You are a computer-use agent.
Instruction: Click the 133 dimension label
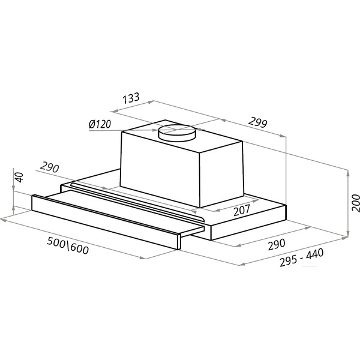click(x=131, y=98)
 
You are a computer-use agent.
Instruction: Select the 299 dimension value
click(x=258, y=122)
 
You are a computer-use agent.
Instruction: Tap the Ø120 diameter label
click(x=100, y=124)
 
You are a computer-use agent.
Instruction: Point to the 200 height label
click(x=356, y=203)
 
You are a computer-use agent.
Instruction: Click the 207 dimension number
click(x=242, y=211)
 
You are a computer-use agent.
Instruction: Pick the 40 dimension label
click(x=19, y=177)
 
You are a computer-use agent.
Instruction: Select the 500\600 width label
click(x=68, y=245)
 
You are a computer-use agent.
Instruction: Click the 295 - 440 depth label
click(x=302, y=257)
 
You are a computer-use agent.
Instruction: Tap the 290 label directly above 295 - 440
click(x=277, y=245)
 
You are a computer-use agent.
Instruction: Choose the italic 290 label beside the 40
click(x=50, y=167)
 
